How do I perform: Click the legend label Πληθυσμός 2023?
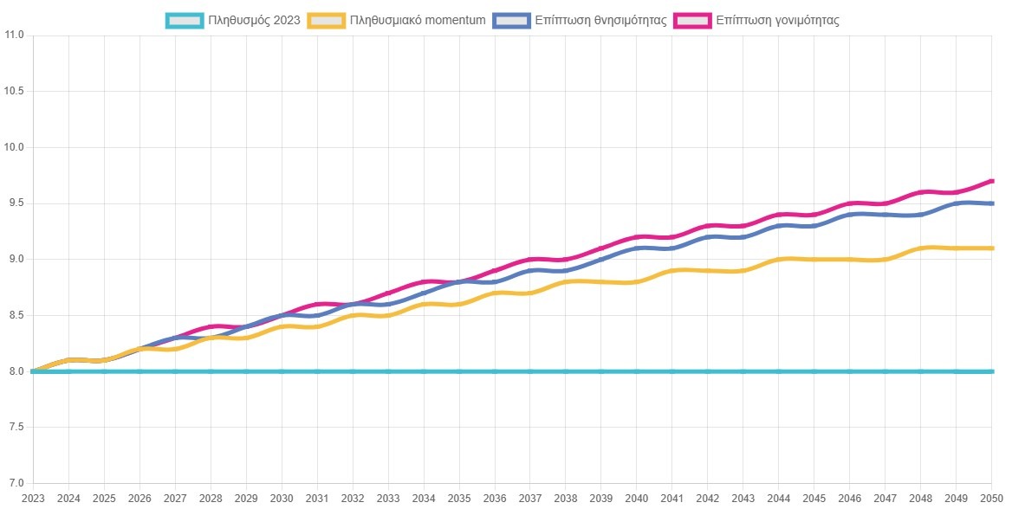(x=254, y=20)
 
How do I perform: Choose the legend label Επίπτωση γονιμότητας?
(x=777, y=20)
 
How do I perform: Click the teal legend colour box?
(x=185, y=20)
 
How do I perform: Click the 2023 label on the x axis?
(x=33, y=499)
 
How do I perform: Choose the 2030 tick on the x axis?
(x=282, y=499)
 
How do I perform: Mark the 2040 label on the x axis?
(x=637, y=499)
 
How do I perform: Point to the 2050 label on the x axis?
(x=991, y=499)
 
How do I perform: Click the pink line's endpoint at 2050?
(x=991, y=181)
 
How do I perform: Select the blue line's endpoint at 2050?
(x=991, y=203)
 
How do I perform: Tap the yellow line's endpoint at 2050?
(x=991, y=248)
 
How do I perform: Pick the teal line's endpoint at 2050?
(x=991, y=371)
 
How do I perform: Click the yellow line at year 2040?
(x=637, y=281)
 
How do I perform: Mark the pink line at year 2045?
(x=814, y=215)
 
